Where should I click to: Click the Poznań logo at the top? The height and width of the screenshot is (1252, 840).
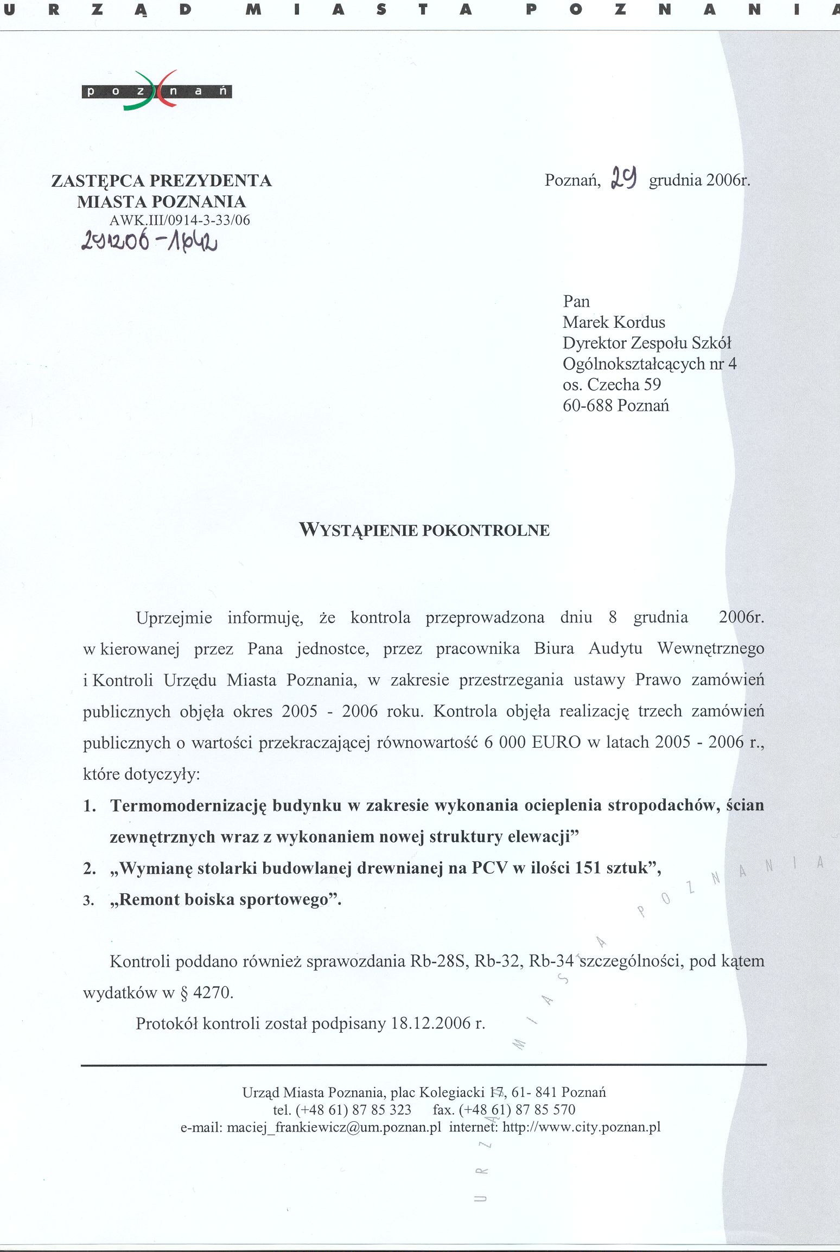156,91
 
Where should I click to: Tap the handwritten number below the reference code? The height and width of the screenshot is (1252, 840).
149,241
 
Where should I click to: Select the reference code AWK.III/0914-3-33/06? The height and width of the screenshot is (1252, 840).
180,220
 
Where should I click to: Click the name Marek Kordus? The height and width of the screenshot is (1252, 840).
614,322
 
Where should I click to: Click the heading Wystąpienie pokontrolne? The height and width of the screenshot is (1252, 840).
424,530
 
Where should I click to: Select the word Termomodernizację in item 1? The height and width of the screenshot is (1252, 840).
188,805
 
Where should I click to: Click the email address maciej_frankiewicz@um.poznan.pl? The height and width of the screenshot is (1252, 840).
334,1127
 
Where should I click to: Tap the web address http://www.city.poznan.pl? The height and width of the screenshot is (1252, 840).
581,1127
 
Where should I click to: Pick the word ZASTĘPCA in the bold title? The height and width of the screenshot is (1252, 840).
98,181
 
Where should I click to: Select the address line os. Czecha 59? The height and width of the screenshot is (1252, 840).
612,385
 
